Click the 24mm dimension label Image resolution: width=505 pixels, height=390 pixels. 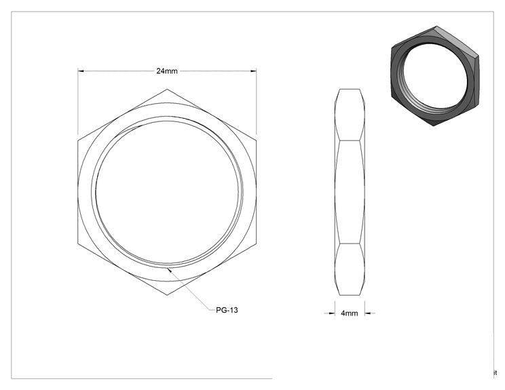167,71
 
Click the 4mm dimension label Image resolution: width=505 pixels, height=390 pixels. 350,313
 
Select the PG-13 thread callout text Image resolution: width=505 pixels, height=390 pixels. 227,310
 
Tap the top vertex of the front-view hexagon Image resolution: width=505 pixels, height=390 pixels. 167,89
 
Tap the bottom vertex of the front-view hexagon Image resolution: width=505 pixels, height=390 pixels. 167,295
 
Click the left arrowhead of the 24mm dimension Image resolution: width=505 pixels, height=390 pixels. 81,71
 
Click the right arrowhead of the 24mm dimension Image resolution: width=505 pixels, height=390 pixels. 253,71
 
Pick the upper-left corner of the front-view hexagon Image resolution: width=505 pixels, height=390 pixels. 78,140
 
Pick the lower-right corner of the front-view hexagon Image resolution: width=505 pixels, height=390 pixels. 257,243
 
